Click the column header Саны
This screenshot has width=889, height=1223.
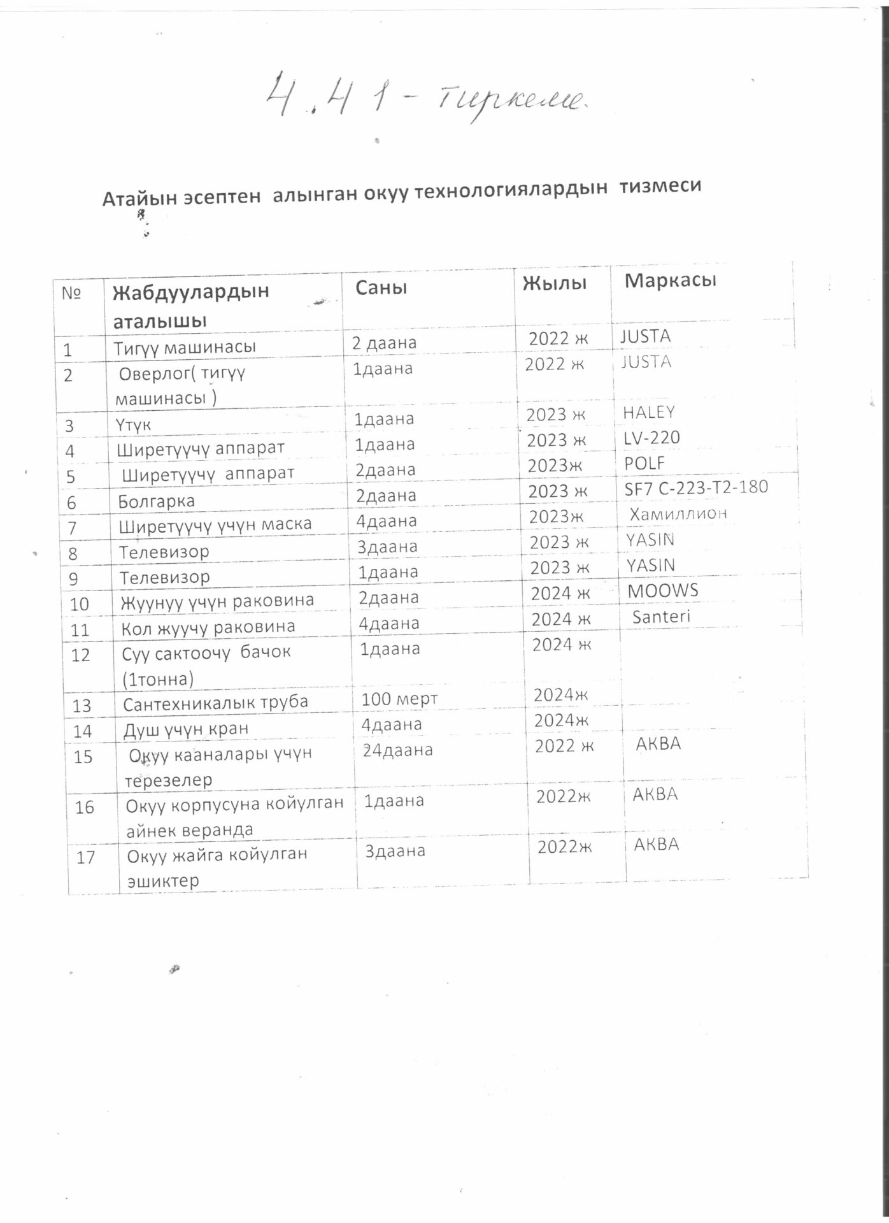(381, 288)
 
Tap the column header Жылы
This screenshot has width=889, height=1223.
(554, 283)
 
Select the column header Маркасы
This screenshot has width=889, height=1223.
(670, 280)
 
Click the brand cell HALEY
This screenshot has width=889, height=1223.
(648, 413)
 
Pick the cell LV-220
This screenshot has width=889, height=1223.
(651, 438)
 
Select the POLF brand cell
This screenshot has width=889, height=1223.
(644, 464)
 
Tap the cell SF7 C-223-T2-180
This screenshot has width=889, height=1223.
(696, 488)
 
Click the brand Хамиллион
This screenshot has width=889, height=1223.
(678, 514)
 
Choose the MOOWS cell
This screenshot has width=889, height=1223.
(662, 591)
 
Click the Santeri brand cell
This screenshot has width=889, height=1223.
(660, 617)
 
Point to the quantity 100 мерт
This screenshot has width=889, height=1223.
(399, 699)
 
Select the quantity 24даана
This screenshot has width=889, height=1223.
(397, 750)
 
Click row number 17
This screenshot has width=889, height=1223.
(85, 858)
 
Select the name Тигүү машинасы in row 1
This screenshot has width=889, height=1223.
(185, 348)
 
